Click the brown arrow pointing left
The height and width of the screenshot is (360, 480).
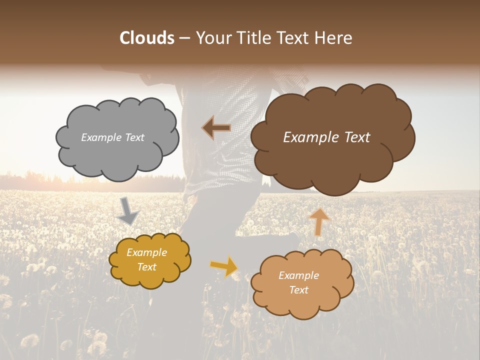tap(216, 128)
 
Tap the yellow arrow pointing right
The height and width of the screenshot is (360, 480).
tap(224, 266)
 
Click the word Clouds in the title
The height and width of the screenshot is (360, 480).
tap(146, 38)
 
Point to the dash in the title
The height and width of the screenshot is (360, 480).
tap(183, 38)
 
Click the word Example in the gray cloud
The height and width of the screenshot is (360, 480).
tap(99, 137)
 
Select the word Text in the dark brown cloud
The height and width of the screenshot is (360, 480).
tap(355, 137)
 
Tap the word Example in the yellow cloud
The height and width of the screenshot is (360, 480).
tap(146, 252)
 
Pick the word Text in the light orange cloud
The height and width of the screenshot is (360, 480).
tap(298, 290)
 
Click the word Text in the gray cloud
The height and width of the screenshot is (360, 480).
tap(134, 137)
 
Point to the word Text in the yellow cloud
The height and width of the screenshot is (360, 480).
tap(146, 267)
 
